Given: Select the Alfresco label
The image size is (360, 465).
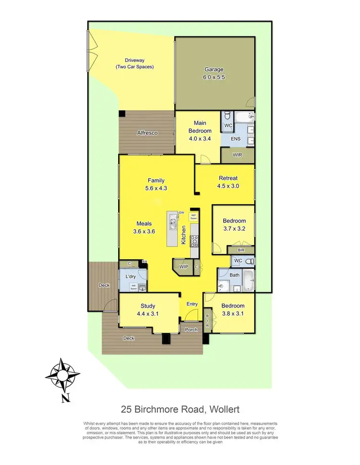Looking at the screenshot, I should coord(147,133).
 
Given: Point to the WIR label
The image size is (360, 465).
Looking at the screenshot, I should coord(237,155).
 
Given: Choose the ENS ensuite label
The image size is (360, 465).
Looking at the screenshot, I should coord(235,139).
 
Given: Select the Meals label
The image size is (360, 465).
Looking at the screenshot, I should coord(145,223).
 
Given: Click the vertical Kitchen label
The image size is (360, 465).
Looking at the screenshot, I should coord(183,235).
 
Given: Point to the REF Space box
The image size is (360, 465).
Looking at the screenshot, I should coord(193,217).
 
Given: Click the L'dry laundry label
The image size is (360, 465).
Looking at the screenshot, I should coord(130,277).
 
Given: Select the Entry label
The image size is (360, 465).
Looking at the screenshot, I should coord(192,304).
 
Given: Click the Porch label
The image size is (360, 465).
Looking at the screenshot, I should coord(191,330).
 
